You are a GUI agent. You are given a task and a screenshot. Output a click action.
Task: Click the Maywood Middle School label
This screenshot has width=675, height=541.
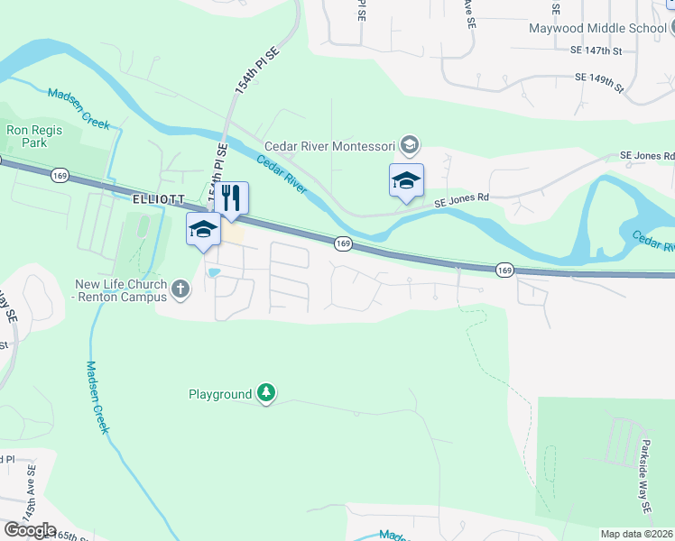coord(597,28)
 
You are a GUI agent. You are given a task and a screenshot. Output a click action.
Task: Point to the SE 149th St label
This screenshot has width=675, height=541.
coord(600,82)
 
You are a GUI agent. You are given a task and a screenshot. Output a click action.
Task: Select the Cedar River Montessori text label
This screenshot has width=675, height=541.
coord(330,146)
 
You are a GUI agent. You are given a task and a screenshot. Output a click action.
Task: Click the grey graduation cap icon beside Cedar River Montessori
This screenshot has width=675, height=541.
coord(410,145)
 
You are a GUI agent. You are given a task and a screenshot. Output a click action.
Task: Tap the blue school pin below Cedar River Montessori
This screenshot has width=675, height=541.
coord(406,181)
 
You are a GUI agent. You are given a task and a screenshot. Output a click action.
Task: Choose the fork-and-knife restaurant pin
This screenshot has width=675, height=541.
coord(232,200)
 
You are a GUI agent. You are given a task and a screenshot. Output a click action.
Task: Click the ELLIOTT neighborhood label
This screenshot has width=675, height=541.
coord(158,198)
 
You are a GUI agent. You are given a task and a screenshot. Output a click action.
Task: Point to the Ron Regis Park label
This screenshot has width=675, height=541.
coord(34,136)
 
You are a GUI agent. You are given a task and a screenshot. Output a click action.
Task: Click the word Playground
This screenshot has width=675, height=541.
coord(220,394)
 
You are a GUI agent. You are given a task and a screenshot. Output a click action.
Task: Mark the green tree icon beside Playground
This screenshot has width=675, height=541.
coord(266,393)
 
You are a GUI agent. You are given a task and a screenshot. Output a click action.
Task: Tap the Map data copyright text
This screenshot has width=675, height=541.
coord(637,534)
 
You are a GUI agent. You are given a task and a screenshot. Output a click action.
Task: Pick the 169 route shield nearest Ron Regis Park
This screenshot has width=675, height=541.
coord(60,174)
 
